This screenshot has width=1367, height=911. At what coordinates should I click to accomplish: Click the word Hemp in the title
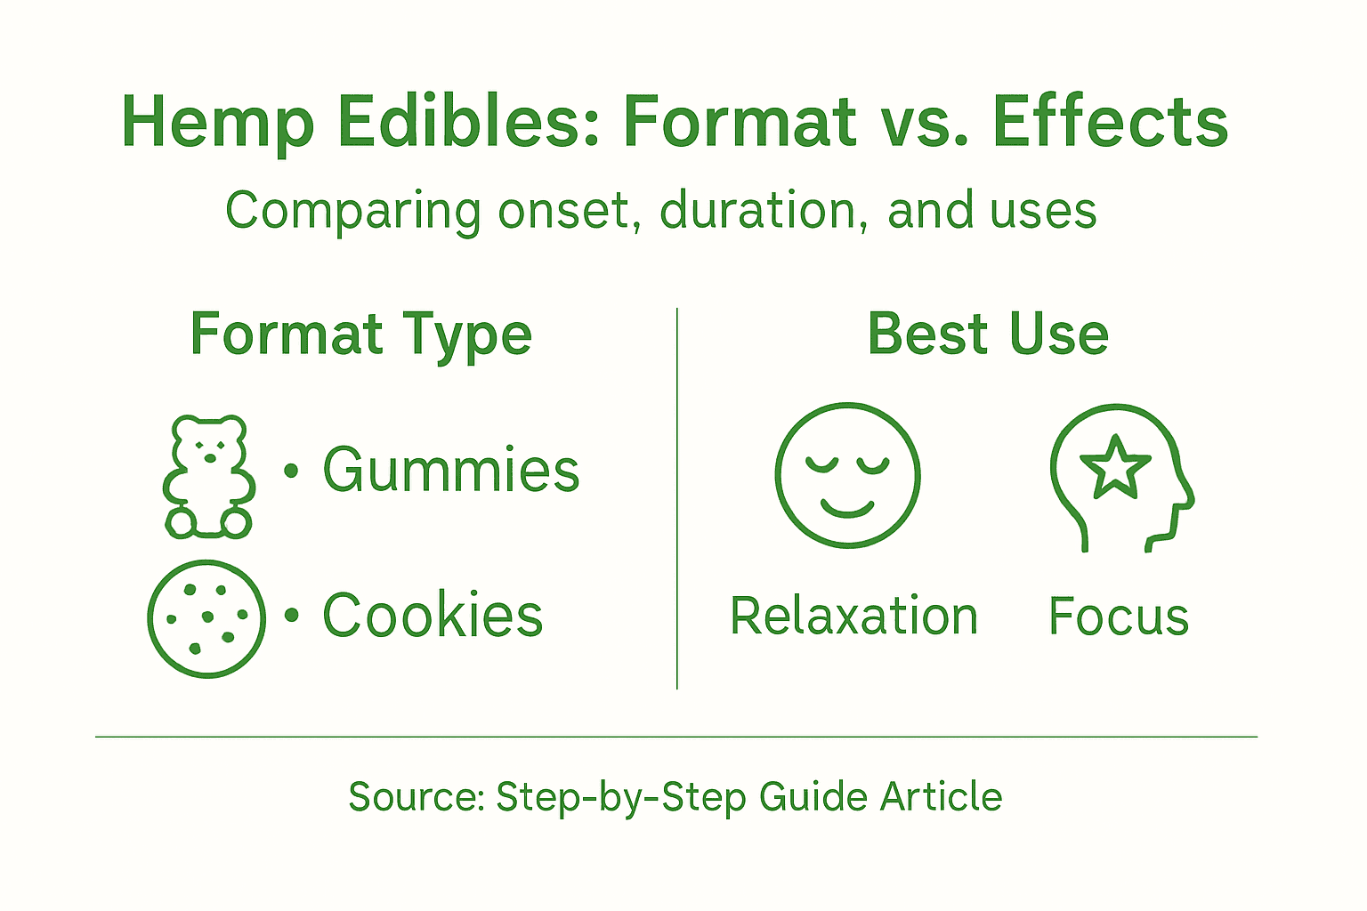coord(218,123)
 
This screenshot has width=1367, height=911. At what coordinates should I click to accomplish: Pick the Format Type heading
coord(360,335)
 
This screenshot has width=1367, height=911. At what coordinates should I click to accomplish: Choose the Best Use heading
coord(988,335)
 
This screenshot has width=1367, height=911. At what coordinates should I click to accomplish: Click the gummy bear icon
coord(208,477)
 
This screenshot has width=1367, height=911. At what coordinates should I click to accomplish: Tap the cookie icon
coord(206,618)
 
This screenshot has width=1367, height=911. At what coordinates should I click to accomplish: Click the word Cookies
coord(433,616)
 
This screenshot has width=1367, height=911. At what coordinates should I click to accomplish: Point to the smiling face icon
coord(847,475)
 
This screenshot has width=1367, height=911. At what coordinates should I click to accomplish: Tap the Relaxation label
coord(853,616)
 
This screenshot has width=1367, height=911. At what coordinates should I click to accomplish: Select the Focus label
coord(1119,616)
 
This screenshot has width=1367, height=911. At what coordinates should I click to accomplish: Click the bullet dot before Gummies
coord(290,470)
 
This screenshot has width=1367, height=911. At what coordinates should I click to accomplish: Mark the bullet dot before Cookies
coord(290,615)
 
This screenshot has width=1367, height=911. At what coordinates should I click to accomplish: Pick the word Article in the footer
coord(942,797)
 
